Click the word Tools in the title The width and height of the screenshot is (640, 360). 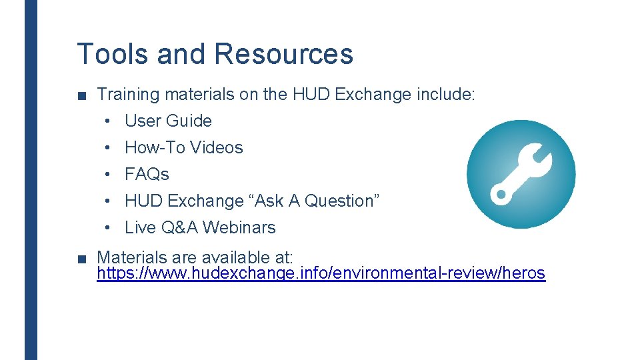coord(113,54)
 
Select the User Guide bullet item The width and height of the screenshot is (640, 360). coord(168,121)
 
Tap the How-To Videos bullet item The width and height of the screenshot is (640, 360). coord(183,147)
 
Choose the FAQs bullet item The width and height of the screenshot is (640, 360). coord(147,174)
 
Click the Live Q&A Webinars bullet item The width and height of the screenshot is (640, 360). coord(200,227)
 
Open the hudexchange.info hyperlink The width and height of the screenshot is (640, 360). coord(321,273)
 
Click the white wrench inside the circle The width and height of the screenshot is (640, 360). coord(521,174)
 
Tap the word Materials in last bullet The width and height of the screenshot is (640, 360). coord(130,257)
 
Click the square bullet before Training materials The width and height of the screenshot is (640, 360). coord(81,95)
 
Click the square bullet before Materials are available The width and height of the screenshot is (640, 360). coord(81,258)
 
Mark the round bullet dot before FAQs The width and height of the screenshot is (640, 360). coord(107,175)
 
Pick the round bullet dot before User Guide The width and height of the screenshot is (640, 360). coord(107,121)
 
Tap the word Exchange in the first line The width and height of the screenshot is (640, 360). coord(374,95)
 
